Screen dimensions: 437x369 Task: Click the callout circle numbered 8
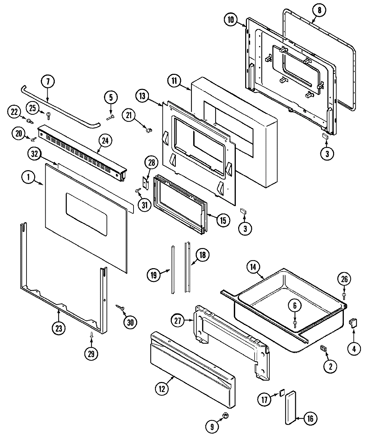tap(319, 10)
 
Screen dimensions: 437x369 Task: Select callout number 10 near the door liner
tap(231, 19)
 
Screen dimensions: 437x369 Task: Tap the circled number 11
tap(174, 81)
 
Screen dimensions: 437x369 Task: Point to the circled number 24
tap(105, 141)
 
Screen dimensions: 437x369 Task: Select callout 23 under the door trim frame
tap(59, 329)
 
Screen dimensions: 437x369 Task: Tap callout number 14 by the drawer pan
tap(253, 267)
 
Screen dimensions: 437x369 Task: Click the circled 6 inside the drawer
tap(295, 306)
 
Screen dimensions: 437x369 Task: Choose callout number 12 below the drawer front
tap(162, 389)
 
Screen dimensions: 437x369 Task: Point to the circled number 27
tap(178, 321)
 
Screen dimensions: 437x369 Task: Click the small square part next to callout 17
tap(281, 392)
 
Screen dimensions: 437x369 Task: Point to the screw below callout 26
tap(344, 295)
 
